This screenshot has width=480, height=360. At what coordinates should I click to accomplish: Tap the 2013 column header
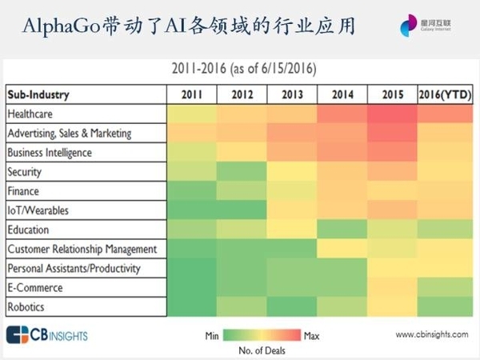292,94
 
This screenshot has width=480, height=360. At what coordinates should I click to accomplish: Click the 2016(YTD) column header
443,94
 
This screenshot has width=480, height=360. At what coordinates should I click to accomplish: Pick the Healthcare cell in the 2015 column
392,114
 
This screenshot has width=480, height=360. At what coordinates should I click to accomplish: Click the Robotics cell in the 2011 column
192,306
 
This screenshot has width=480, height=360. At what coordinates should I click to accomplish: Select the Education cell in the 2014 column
342,230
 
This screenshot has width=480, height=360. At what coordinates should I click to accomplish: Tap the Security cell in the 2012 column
242,172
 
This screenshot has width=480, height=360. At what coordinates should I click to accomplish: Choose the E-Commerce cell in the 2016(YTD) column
443,286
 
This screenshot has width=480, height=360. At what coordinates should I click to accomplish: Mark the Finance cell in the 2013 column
292,191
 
